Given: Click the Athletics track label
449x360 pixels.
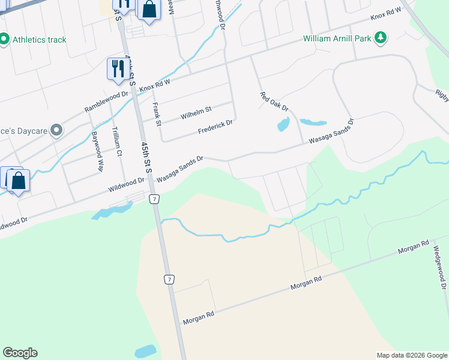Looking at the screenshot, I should pyautogui.click(x=40, y=40).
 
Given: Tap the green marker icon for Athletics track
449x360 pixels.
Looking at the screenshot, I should pyautogui.click(x=4, y=40).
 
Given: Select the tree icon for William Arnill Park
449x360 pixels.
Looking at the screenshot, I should pyautogui.click(x=379, y=39).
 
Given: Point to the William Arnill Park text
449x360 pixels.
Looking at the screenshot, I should pyautogui.click(x=337, y=40).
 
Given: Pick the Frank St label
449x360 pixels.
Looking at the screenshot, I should pyautogui.click(x=157, y=115).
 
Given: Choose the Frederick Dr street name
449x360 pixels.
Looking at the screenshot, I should pyautogui.click(x=215, y=127).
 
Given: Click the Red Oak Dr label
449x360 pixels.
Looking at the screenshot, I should pyautogui.click(x=274, y=101).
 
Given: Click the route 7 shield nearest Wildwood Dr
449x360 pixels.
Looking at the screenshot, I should pyautogui.click(x=154, y=199).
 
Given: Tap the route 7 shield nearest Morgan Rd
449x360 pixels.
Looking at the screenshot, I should pyautogui.click(x=170, y=280).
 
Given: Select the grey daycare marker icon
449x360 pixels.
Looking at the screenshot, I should pyautogui.click(x=56, y=130).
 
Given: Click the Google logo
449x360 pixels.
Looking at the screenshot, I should pyautogui.click(x=20, y=353).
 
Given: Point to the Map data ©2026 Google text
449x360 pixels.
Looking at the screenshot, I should pyautogui.click(x=412, y=355).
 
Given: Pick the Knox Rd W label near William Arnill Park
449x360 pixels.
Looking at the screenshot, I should pyautogui.click(x=385, y=17).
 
